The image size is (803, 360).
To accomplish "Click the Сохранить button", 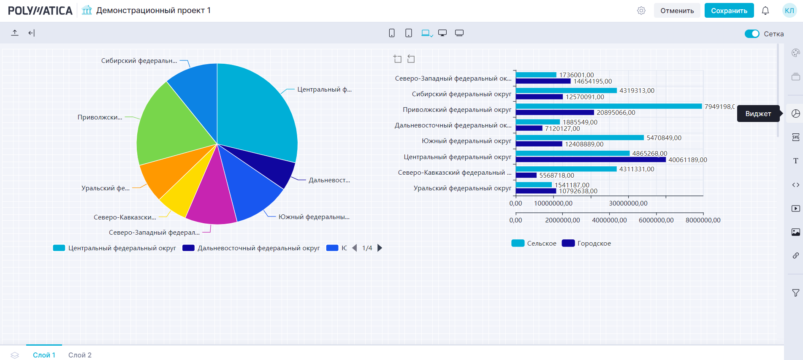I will pos(729,11).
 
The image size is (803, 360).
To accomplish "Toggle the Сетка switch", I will pos(751,34).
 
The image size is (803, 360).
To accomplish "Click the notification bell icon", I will pos(765,11).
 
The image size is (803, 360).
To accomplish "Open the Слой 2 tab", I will pos(80,355).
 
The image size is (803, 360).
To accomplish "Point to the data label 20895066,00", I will pos(616,113).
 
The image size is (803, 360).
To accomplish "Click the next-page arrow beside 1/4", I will pos(380,248).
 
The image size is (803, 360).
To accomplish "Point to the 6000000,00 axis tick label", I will pos(656,220).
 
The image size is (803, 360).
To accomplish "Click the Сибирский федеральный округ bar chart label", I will pos(461,94).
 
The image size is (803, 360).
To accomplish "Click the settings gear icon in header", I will pos(641,11).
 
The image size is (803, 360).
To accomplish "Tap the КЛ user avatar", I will pos(789,11).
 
